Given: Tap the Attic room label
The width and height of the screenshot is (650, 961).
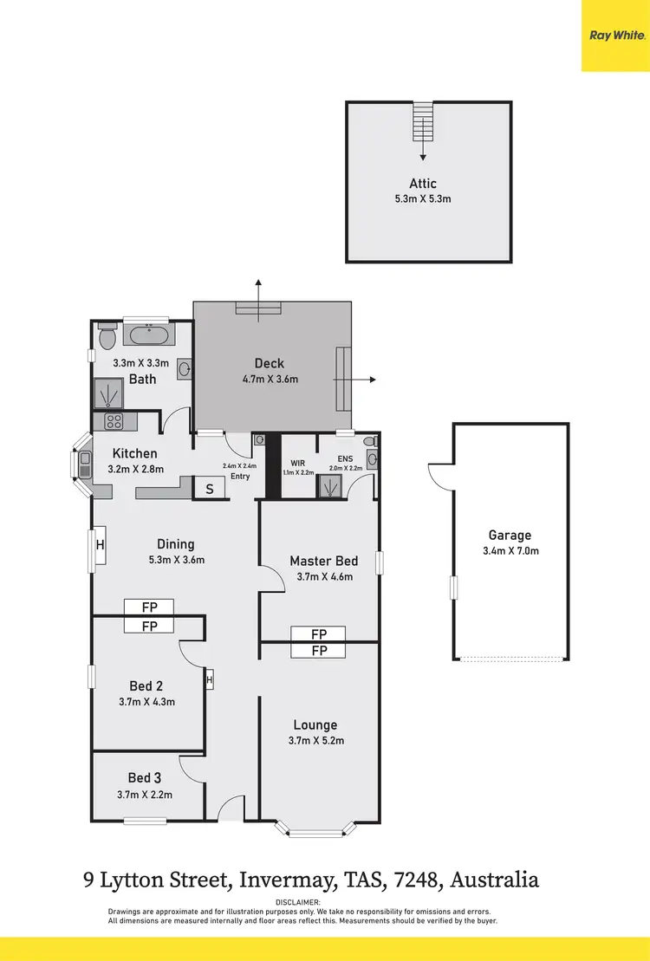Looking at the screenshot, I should coord(423,184).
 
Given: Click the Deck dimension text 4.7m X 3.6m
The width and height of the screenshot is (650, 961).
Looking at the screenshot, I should coord(270,380).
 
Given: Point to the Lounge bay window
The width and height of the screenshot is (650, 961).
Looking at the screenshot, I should coord(315,830).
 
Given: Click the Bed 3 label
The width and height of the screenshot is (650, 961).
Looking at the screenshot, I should coord(145,778).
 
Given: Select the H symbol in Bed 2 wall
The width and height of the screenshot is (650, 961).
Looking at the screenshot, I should coord(210,680).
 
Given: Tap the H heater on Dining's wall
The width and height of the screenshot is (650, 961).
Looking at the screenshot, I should coord(100,545).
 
